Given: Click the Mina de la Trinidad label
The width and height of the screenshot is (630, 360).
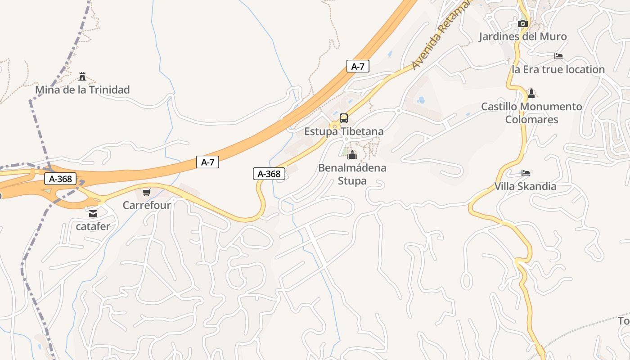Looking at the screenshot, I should point(82,90).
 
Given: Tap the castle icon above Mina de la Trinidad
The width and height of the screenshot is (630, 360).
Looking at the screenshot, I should point(82,76).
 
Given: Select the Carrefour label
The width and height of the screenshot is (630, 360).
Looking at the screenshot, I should point(147,205).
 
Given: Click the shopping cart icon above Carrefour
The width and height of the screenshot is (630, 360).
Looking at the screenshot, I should point(146,193).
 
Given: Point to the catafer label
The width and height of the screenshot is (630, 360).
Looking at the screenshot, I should point(93,226).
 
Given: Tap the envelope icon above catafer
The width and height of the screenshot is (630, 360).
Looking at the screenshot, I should point(93,214).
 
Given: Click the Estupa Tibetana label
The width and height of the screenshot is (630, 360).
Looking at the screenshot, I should point(344,131).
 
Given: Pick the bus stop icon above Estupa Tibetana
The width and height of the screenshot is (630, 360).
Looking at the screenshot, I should point(344,118).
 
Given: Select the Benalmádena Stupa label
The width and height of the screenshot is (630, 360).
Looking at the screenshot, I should point(352,174).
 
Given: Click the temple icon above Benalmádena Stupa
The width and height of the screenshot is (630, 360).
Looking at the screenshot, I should point(352,155).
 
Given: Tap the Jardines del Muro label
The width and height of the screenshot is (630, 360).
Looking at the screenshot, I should point(522,36).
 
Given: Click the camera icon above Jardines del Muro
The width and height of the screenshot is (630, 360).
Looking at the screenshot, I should point(522,23).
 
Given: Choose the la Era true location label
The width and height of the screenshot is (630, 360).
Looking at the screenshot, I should point(558,69).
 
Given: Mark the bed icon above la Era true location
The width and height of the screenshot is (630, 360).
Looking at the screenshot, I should point(558,56).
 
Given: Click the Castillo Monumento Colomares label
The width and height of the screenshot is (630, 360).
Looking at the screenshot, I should point(531,113).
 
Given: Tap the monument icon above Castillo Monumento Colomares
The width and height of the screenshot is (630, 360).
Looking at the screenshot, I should point(531,94).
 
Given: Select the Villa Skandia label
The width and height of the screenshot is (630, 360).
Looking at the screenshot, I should point(525,186).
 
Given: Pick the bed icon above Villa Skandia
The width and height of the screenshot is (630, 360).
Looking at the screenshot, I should point(525,173).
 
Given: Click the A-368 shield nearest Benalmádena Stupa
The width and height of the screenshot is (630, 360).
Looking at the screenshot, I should point(269,174).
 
